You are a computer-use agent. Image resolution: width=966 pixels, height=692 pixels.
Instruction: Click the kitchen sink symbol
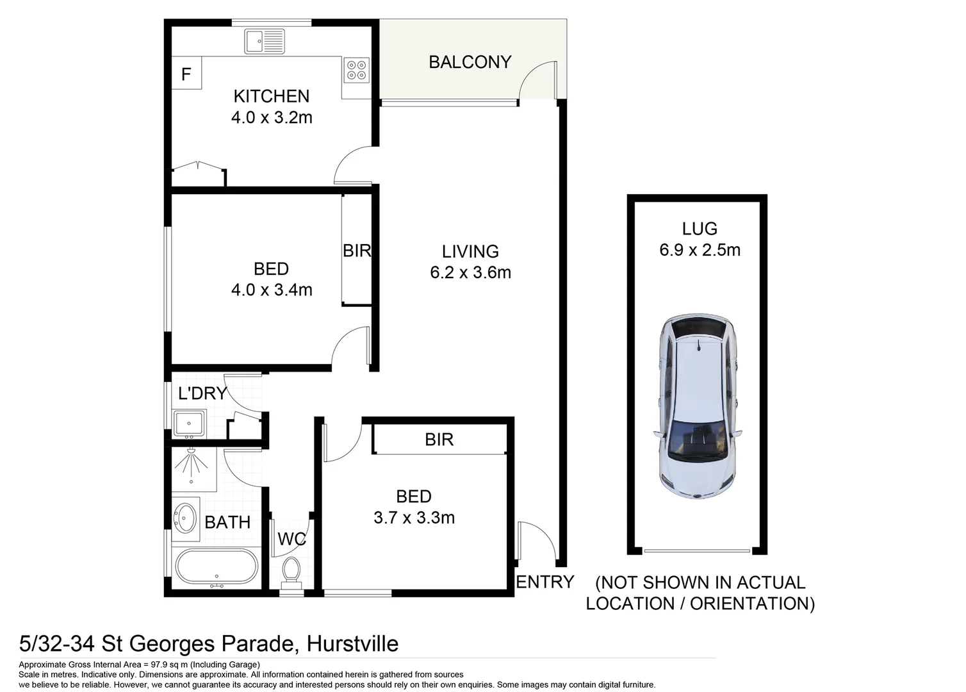(x=265, y=42)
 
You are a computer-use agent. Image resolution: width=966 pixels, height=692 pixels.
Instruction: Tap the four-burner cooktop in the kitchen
(x=357, y=70)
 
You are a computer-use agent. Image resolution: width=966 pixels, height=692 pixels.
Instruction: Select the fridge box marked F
(x=186, y=74)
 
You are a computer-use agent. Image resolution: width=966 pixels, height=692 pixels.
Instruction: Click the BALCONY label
(x=470, y=62)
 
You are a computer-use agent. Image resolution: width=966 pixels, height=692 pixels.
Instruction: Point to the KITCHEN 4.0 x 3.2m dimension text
(x=272, y=118)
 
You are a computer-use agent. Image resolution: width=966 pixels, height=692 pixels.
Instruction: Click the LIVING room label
(x=470, y=251)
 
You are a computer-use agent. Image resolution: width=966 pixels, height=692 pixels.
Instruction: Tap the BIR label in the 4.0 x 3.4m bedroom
(x=356, y=251)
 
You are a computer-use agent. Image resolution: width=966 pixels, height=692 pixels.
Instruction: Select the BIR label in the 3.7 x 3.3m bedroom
(x=439, y=440)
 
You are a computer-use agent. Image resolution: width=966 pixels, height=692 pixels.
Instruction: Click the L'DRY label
(x=202, y=393)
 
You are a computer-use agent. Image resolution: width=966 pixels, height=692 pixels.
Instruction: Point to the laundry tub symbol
(x=189, y=424)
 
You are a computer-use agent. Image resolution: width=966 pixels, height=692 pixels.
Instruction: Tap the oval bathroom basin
(x=186, y=518)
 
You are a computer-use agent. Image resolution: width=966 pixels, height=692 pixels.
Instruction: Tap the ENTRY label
(x=544, y=582)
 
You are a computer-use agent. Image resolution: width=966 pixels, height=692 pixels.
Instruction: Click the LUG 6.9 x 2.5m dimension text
(x=700, y=250)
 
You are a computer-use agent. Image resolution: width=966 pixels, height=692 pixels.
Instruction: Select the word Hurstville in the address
(x=352, y=643)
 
